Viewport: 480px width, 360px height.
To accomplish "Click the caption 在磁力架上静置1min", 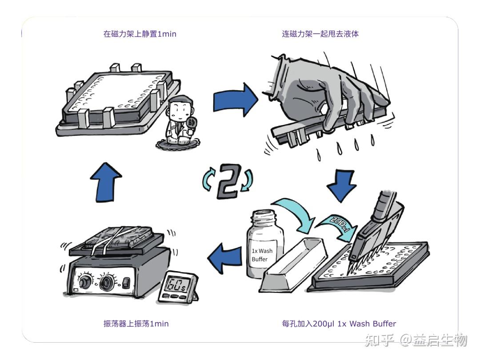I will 140,34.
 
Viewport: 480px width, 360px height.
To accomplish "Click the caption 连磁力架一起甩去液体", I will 320,34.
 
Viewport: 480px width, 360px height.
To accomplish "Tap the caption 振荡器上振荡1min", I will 136,324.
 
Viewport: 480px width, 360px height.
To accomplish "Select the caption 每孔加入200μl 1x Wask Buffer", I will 339,324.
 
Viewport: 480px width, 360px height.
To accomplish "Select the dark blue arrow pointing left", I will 226,259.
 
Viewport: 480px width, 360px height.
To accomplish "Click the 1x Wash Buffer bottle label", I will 262,255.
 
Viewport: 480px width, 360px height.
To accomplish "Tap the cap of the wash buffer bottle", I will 265,217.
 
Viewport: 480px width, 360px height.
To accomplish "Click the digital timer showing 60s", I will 176,287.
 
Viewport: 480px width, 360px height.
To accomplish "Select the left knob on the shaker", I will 85,283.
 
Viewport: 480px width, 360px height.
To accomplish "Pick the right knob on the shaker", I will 107,282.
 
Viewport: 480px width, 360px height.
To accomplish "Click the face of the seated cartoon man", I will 180,108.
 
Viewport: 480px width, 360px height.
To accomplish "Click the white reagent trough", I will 293,267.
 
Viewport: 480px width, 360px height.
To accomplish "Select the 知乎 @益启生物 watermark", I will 416,340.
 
